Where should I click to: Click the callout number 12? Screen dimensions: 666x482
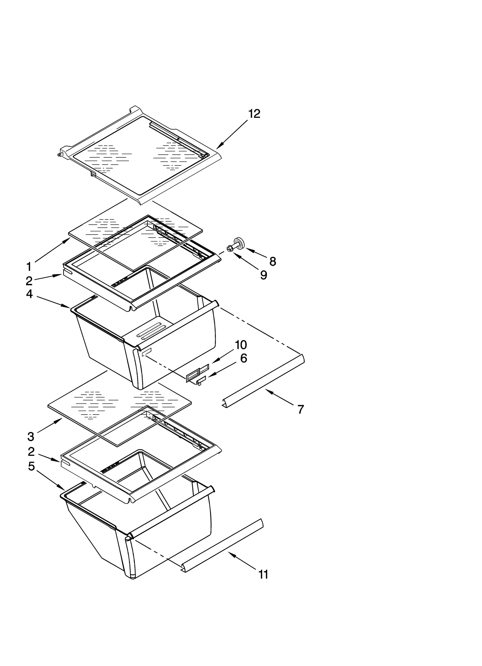(254, 114)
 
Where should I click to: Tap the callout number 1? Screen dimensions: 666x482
(29, 267)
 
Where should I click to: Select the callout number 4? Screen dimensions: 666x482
(29, 293)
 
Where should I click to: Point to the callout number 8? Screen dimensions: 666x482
(273, 262)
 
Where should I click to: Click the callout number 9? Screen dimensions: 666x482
(264, 275)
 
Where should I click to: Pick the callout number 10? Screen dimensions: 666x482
(241, 345)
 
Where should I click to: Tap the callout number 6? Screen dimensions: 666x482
(243, 358)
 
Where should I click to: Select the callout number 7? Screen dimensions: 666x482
(300, 409)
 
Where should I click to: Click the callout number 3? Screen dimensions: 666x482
(31, 436)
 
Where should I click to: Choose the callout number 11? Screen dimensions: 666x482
(263, 575)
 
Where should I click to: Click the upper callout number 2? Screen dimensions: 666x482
(29, 281)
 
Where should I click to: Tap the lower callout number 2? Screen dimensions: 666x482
(31, 452)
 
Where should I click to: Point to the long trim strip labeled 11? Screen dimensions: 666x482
(223, 545)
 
